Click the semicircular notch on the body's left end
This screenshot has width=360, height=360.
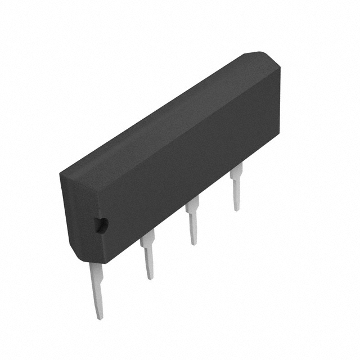[102, 225]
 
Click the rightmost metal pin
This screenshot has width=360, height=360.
[236, 188]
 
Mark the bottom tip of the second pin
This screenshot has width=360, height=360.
[150, 278]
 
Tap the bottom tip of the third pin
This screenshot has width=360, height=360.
[193, 244]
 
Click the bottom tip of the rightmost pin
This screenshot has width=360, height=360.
[237, 210]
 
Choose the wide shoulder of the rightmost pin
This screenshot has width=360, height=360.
[236, 171]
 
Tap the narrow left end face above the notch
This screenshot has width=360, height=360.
[76, 197]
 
